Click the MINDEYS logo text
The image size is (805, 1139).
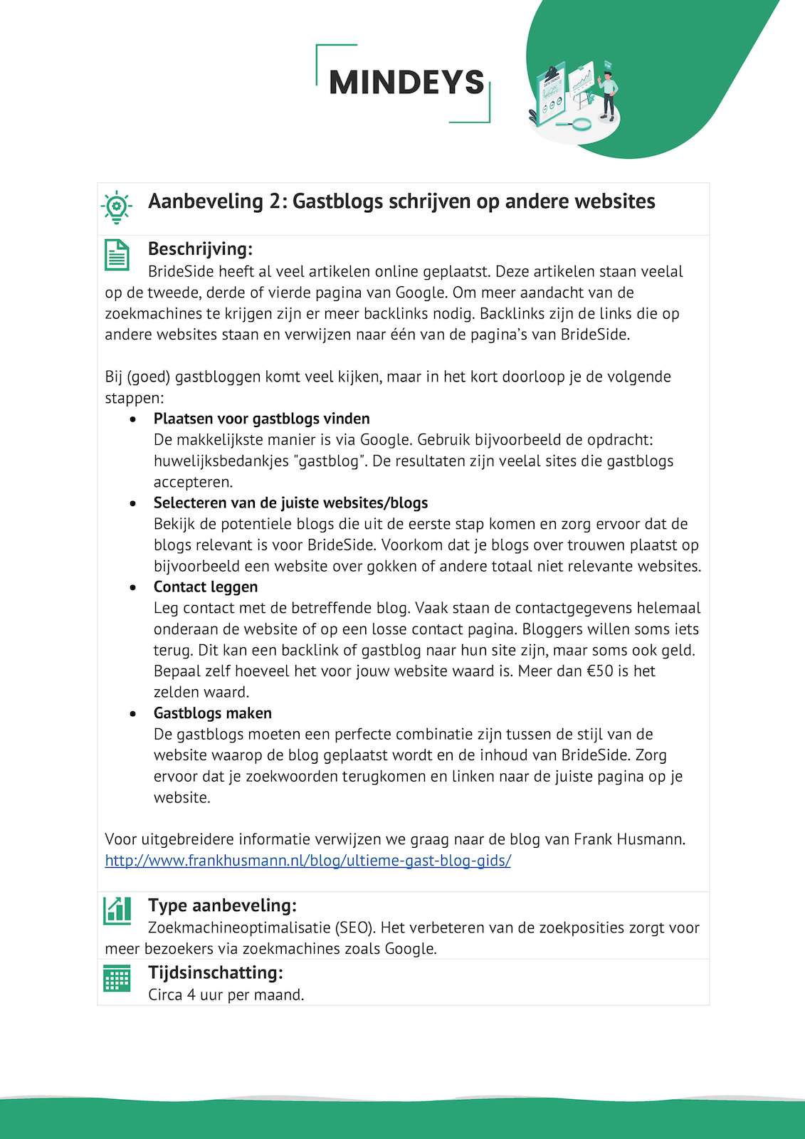click(406, 83)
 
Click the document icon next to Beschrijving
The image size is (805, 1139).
click(117, 255)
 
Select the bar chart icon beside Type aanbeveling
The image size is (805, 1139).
click(117, 910)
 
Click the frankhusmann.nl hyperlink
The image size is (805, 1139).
click(307, 860)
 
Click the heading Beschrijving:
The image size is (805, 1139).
click(200, 249)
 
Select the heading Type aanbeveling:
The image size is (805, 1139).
click(222, 906)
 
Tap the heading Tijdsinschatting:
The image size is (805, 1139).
click(215, 972)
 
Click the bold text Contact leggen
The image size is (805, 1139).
click(206, 587)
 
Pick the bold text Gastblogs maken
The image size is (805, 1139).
click(212, 713)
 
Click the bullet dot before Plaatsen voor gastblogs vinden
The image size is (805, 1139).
click(133, 420)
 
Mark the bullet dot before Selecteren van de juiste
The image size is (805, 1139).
click(133, 504)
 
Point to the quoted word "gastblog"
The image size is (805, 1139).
click(328, 461)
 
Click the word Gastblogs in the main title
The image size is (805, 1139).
click(338, 201)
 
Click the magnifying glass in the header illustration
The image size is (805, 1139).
click(579, 124)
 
